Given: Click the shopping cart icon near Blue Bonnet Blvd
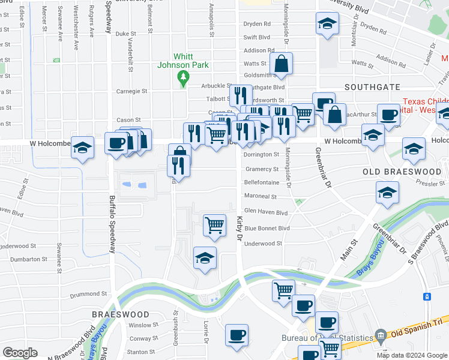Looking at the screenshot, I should [214, 226].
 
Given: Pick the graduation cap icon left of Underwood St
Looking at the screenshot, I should [205, 257].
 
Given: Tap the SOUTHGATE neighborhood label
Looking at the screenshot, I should [372, 87].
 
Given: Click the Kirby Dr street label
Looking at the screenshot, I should [239, 230].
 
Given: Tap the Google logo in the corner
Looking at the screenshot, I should [20, 352].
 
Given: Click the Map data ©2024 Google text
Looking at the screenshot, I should [412, 355].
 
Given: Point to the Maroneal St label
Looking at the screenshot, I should [260, 196].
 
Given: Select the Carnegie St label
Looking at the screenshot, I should [131, 91].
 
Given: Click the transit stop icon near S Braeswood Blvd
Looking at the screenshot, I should [427, 296].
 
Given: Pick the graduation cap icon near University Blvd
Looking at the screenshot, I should [327, 24].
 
